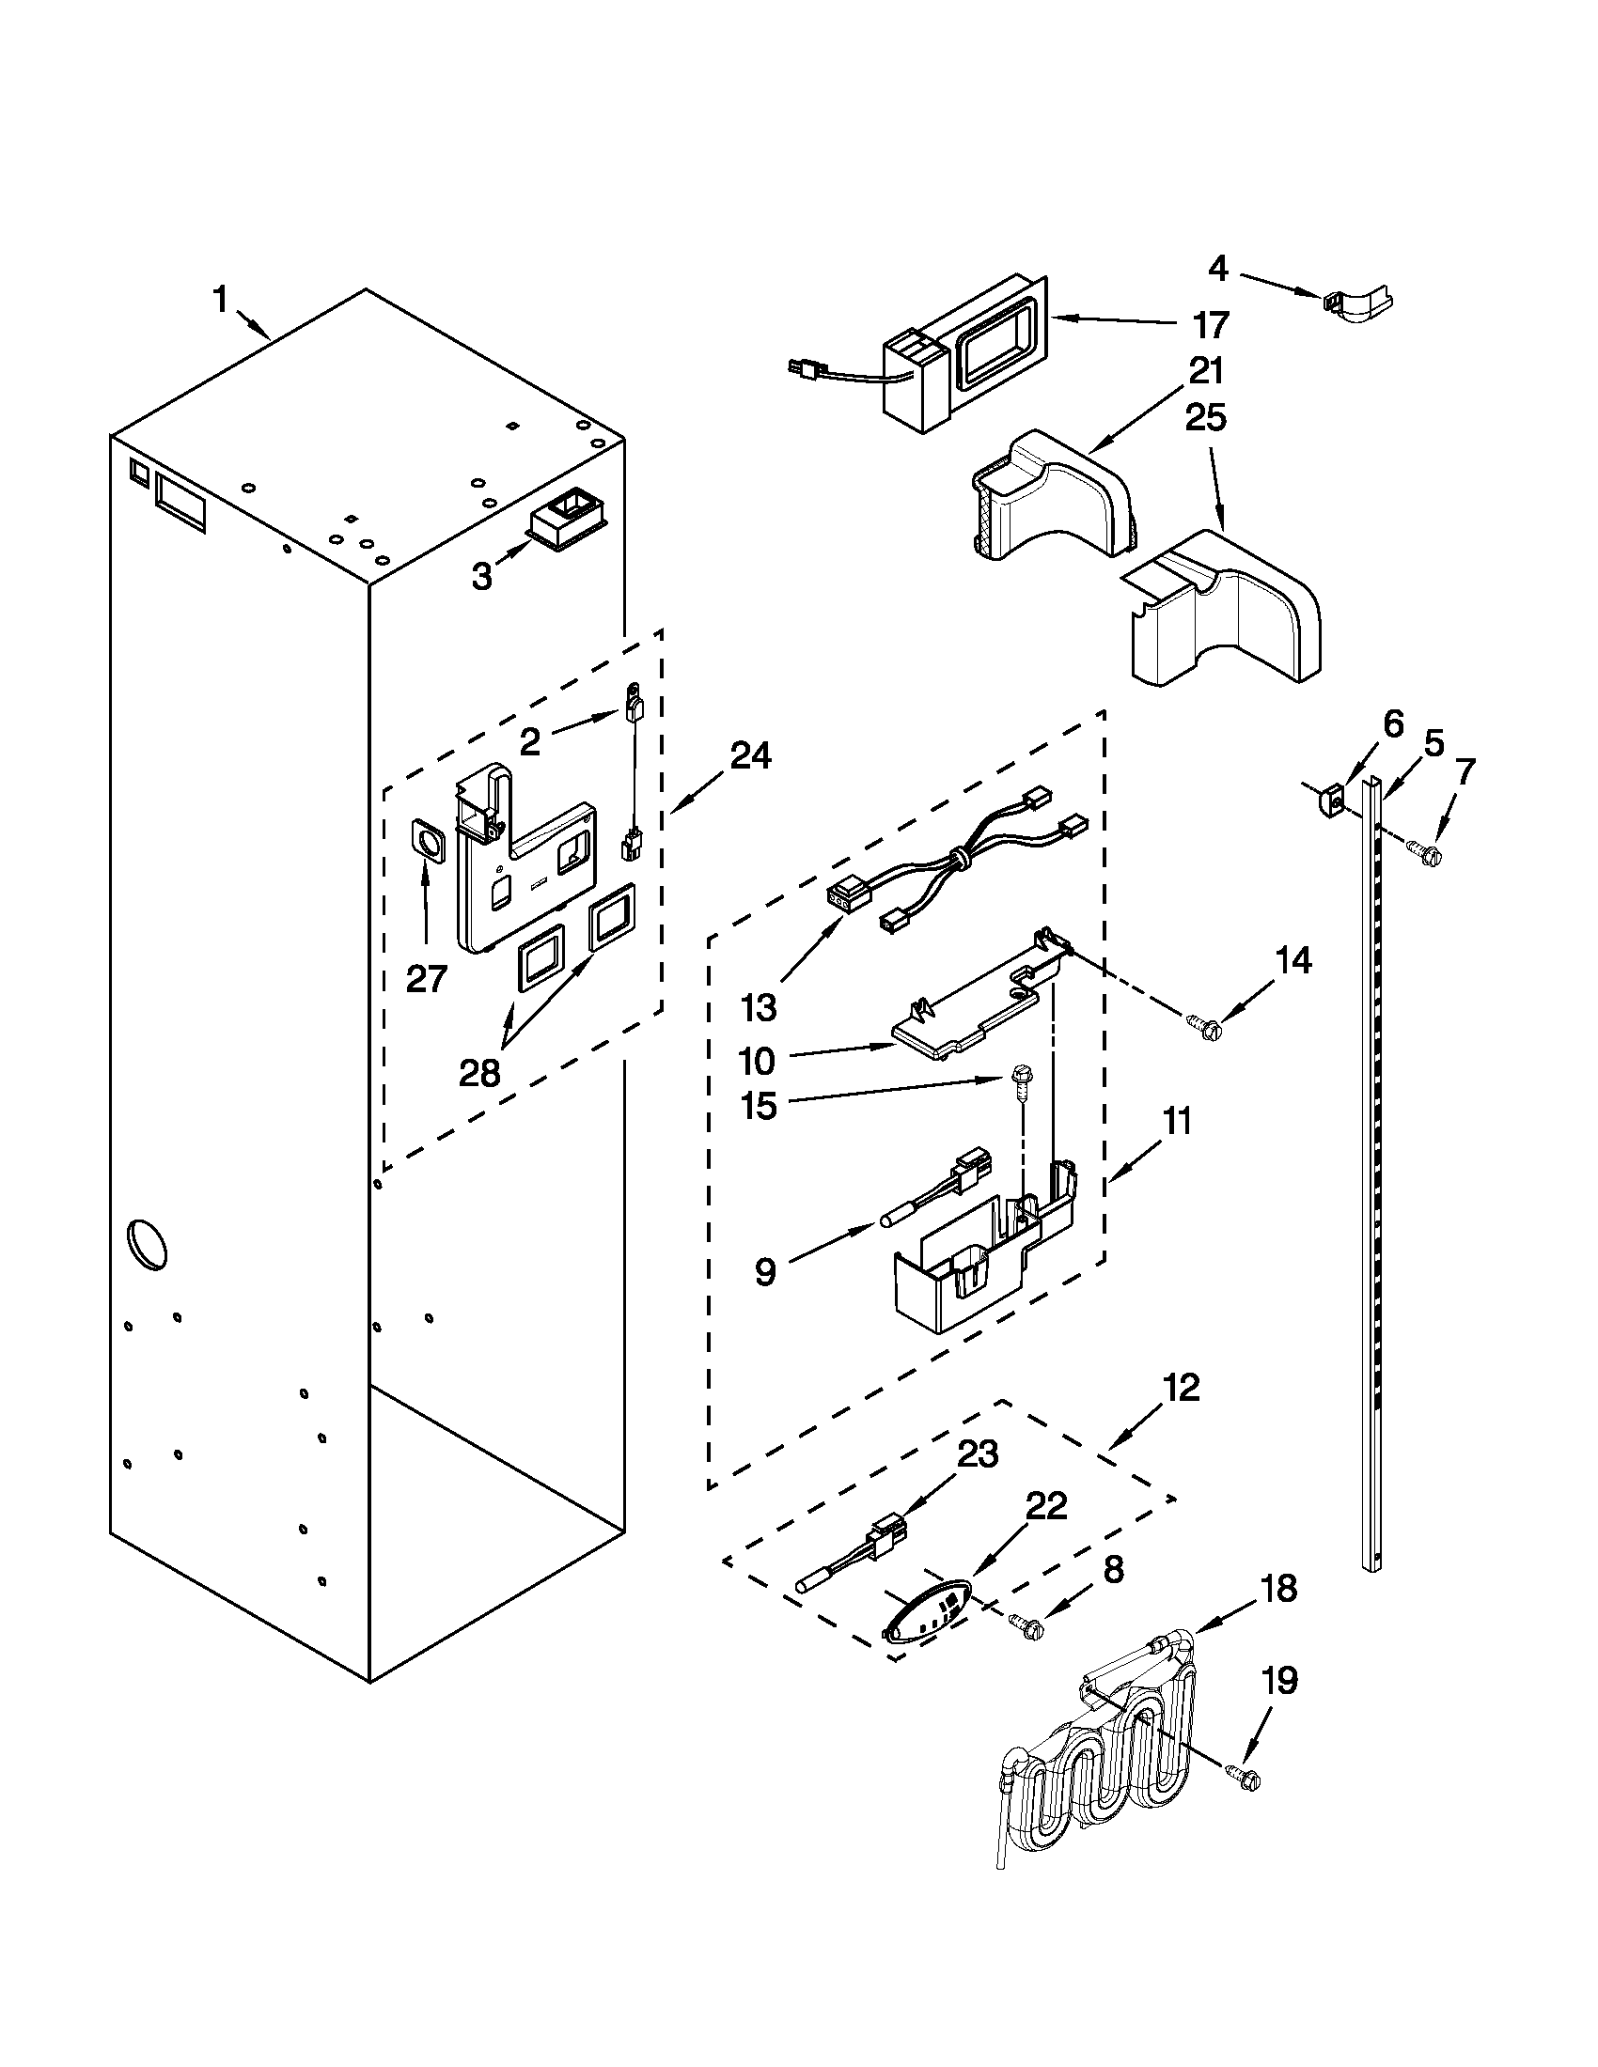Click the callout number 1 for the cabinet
[220, 302]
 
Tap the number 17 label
[1211, 325]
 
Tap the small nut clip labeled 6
[1330, 802]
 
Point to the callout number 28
[479, 1074]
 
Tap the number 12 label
[1181, 1389]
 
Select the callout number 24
[750, 755]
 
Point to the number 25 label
[1205, 418]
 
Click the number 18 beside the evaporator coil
[1280, 1589]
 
